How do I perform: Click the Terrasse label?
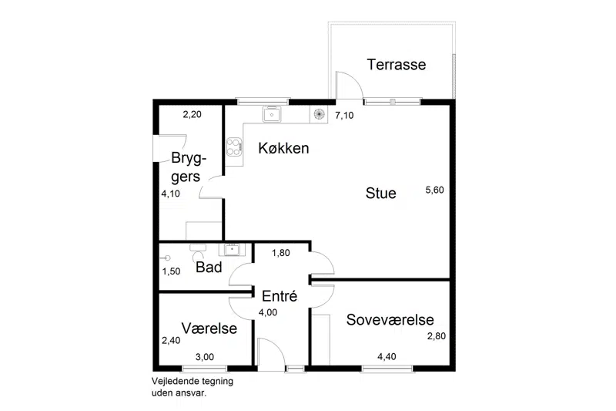397,65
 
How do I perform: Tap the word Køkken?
283,148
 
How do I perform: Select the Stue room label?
380,193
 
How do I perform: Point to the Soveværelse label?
390,320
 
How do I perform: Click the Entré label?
280,296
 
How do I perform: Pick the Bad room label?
209,267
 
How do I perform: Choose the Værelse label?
209,328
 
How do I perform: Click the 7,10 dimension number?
344,115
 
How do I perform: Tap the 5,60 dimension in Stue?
434,190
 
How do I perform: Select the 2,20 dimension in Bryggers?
192,114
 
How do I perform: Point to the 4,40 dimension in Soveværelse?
387,357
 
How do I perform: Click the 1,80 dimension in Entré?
281,253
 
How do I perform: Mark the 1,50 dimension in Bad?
171,271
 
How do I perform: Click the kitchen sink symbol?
272,114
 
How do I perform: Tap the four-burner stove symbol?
234,147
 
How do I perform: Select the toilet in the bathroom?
198,252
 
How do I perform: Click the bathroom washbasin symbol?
233,249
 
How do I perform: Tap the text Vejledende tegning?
192,381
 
